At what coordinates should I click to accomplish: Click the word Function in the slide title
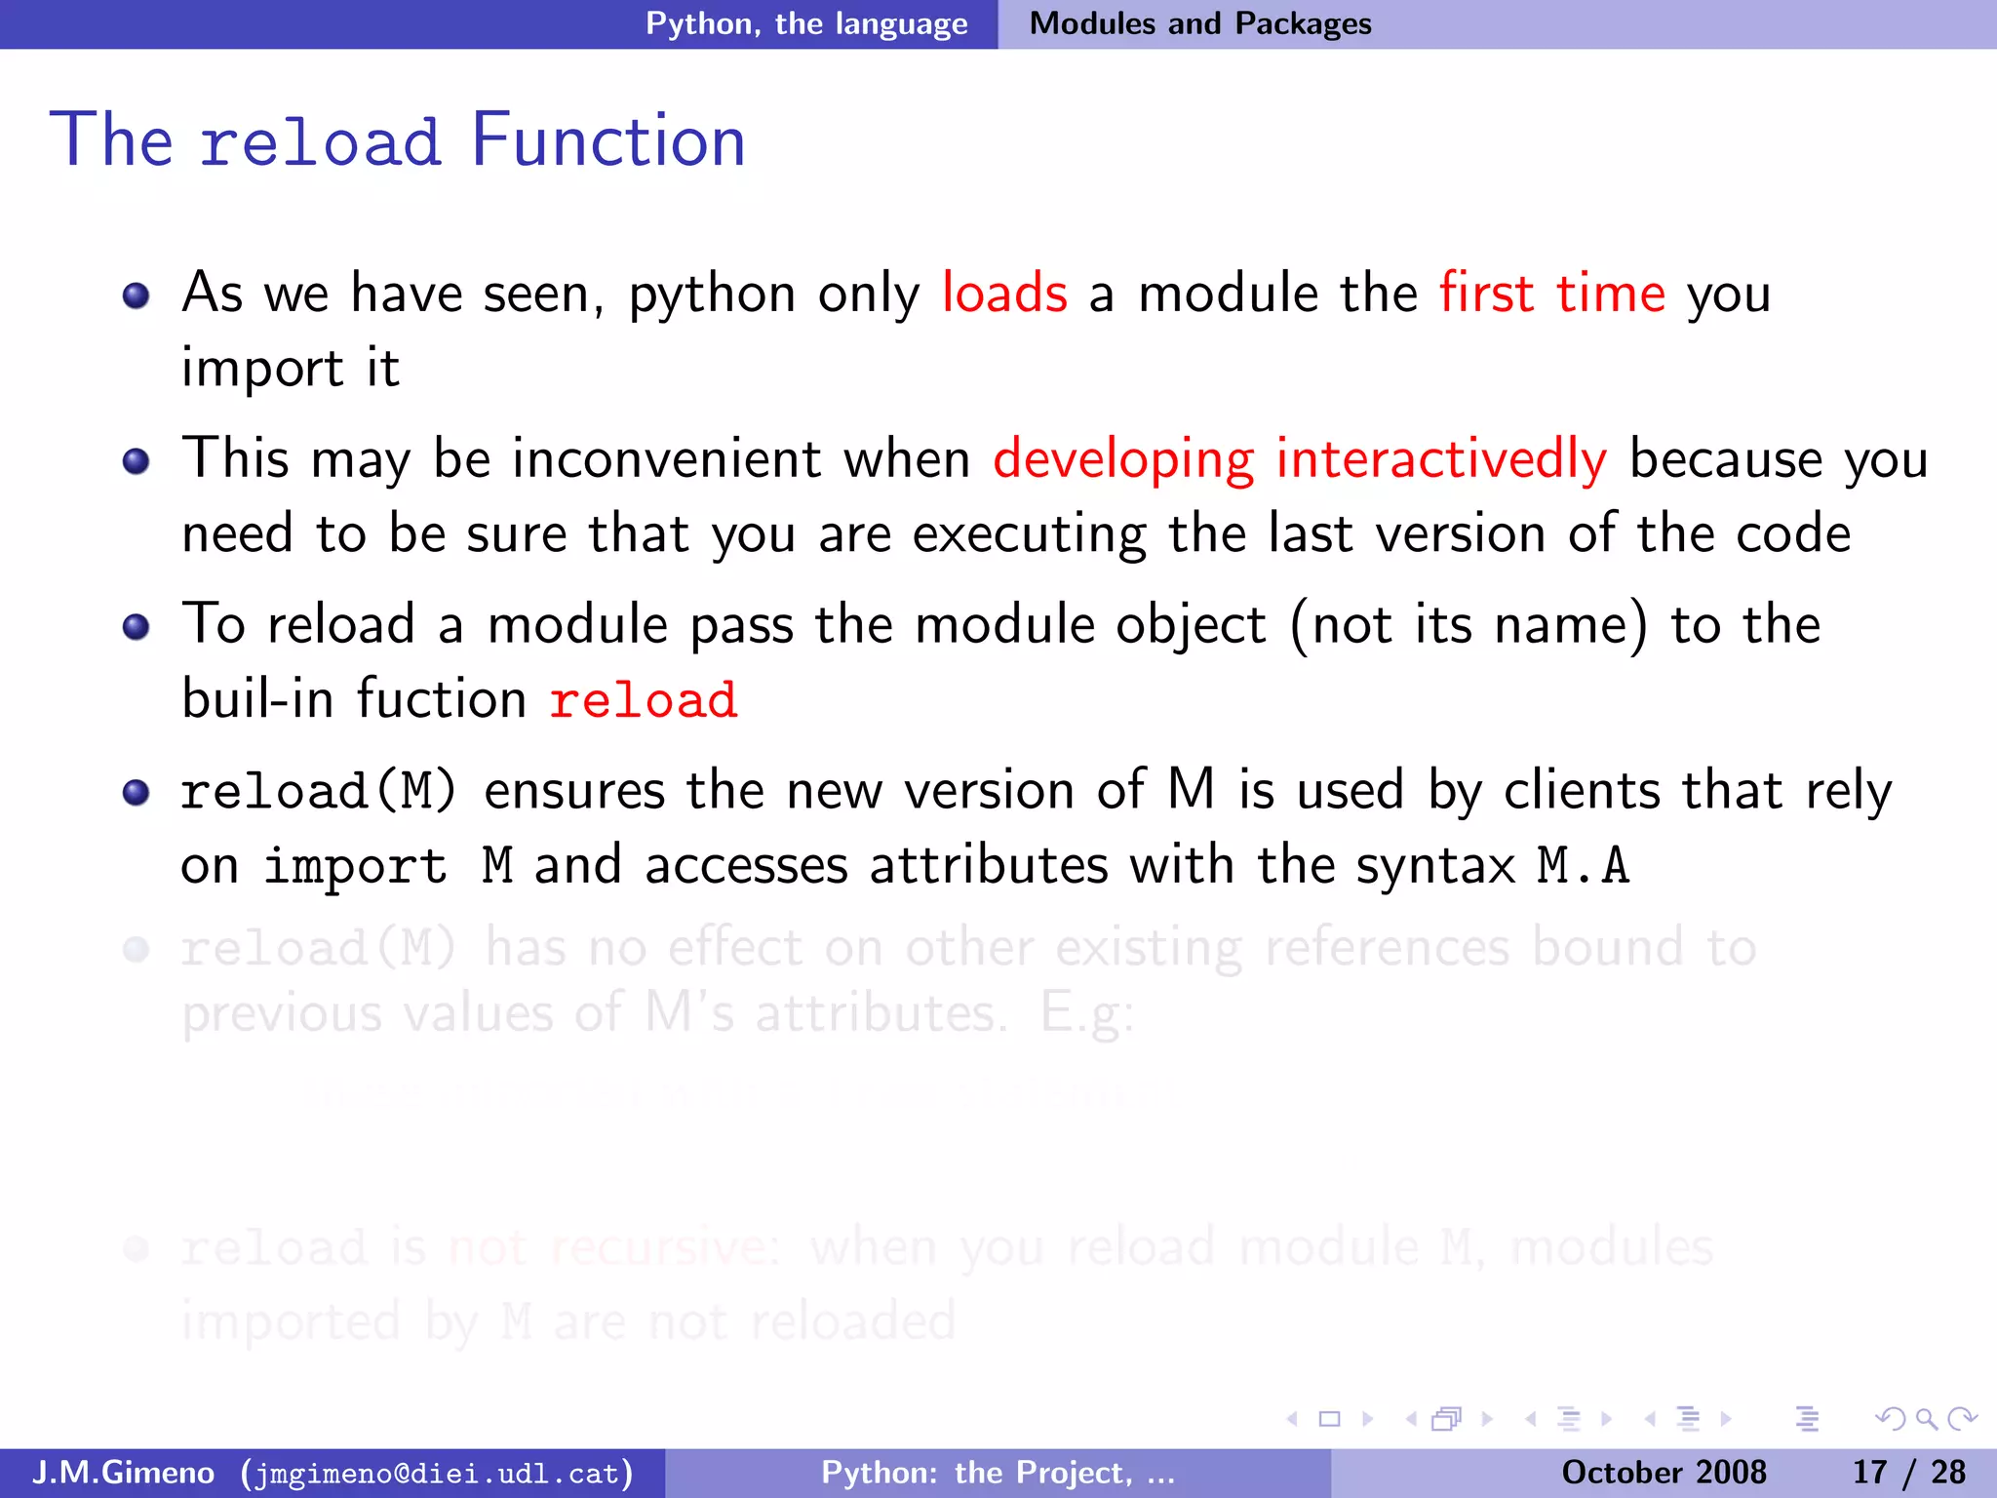(x=608, y=142)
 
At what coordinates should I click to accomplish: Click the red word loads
(x=1004, y=294)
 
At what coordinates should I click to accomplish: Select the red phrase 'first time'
(x=1552, y=294)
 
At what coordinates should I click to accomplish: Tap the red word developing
(x=1123, y=459)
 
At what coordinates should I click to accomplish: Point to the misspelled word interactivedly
(x=1441, y=459)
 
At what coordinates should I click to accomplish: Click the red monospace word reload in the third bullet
(x=644, y=701)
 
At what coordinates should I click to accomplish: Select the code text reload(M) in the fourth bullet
(x=319, y=791)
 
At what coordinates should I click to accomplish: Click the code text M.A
(x=1583, y=866)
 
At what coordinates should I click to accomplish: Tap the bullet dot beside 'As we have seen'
(x=137, y=296)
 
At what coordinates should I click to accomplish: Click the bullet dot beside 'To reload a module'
(x=137, y=627)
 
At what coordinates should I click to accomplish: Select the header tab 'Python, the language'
(x=806, y=23)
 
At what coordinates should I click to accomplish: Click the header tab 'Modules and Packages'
(x=1200, y=23)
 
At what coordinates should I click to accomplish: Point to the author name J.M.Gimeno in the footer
(x=124, y=1472)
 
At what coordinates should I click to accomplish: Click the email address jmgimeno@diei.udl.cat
(x=437, y=1473)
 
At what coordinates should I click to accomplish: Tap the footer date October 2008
(x=1664, y=1472)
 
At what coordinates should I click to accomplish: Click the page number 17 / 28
(x=1908, y=1472)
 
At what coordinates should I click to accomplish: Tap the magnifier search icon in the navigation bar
(x=1926, y=1419)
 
